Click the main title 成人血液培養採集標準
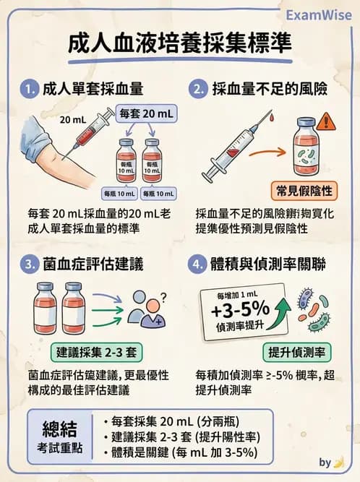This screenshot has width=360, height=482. [181, 44]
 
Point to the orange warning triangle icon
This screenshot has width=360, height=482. [324, 120]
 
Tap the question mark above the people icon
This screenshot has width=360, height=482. [164, 294]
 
